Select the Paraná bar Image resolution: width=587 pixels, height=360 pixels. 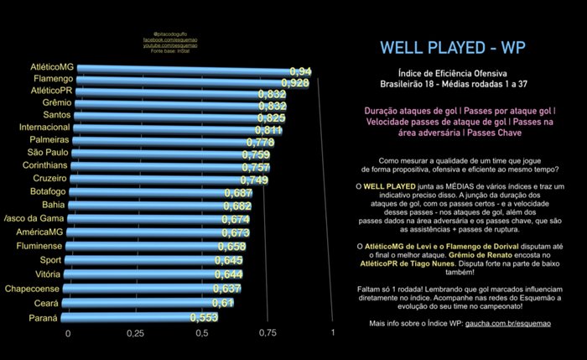point(134,319)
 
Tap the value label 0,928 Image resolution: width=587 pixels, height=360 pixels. point(296,83)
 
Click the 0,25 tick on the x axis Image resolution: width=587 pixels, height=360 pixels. point(135,334)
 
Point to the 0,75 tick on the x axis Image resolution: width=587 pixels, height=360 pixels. point(268,334)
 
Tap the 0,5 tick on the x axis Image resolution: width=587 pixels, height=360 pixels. point(201,334)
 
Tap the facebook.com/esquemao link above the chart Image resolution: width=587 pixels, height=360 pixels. point(169,40)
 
